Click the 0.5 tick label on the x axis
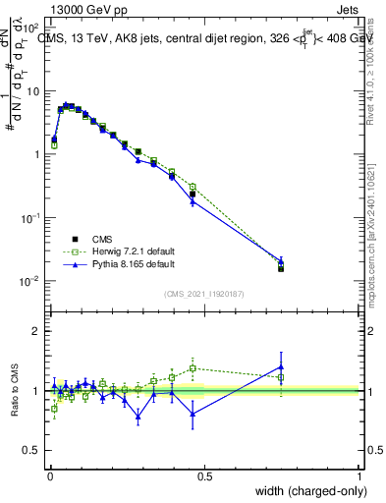tap(204, 475)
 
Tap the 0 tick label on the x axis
tap(49, 475)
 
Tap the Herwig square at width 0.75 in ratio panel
tap(281, 377)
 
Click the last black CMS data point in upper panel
tap(281, 267)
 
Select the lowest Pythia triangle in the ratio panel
tap(138, 417)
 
